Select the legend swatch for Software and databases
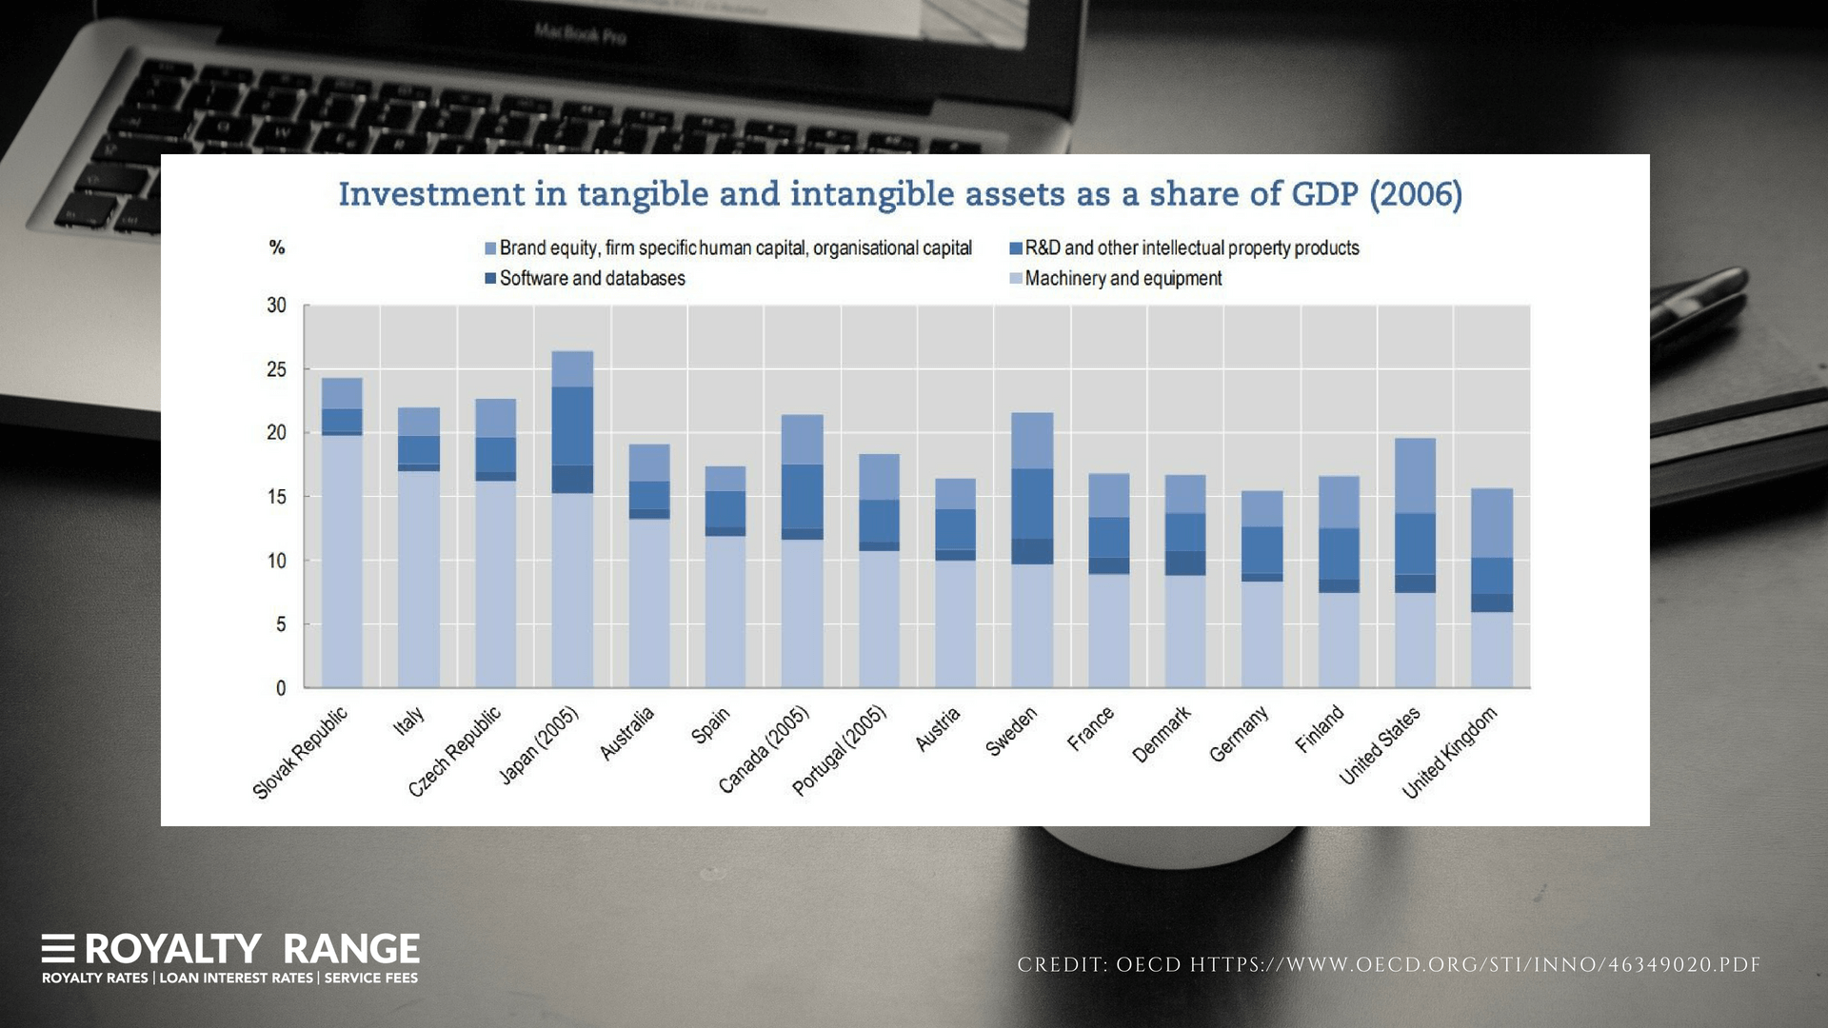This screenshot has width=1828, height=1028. (490, 279)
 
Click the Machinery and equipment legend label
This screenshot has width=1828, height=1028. (1123, 279)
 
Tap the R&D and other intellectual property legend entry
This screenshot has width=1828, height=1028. (1191, 248)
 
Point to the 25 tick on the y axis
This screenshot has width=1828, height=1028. (276, 369)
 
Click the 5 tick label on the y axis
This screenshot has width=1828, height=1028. (280, 625)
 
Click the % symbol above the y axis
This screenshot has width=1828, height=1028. (277, 247)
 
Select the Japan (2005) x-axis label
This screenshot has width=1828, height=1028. (539, 746)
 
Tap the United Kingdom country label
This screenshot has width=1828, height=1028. (1449, 752)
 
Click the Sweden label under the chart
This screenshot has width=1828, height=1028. (1010, 732)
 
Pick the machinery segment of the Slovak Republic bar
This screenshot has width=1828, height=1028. (342, 562)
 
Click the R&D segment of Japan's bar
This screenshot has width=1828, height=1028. (572, 425)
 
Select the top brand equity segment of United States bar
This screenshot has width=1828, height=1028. (1415, 476)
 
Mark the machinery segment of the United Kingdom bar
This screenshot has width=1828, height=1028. (1492, 649)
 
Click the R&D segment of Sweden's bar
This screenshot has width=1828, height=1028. (1032, 504)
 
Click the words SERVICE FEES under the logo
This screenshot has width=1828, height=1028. (370, 979)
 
